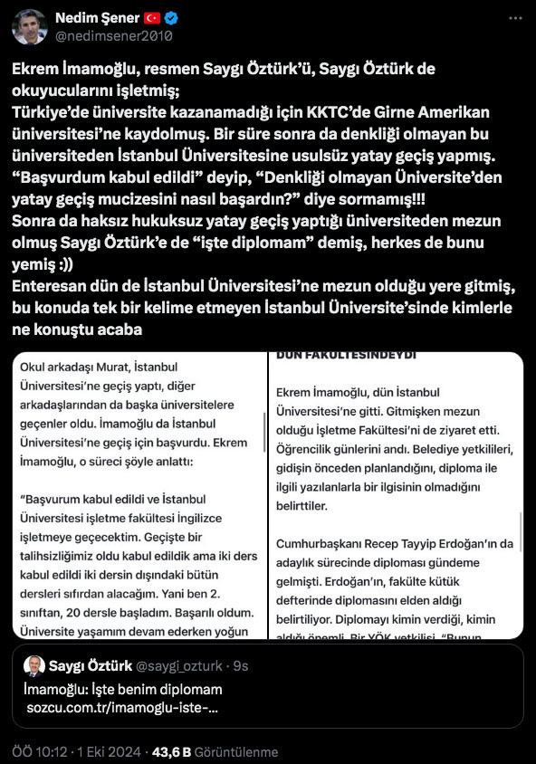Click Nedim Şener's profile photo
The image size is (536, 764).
30,27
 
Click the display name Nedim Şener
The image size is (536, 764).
95,18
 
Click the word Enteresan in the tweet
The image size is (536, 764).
50,286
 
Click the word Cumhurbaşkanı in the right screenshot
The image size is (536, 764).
324,543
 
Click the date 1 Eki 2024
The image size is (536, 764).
105,752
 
